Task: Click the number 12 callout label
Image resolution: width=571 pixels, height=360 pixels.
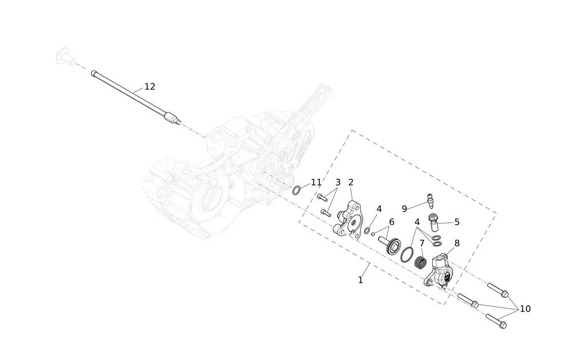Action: (150, 87)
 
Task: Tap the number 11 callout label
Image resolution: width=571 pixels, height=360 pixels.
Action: (316, 182)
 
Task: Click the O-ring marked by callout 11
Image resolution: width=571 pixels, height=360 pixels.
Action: (297, 190)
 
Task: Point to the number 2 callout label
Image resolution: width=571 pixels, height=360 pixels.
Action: (351, 182)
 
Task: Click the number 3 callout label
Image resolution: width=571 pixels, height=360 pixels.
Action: (337, 182)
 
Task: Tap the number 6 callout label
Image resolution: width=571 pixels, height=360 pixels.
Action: (392, 222)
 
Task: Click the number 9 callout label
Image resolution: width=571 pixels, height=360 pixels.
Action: (404, 209)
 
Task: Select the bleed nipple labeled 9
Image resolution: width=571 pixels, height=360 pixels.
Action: (431, 201)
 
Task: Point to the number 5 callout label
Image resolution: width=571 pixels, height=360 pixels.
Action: (457, 222)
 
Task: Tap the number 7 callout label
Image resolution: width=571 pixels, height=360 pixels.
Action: (422, 243)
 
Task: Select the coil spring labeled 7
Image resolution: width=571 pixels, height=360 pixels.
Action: (421, 263)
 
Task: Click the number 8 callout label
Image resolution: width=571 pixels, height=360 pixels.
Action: (457, 243)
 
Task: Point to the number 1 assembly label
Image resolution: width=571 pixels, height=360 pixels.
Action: (360, 280)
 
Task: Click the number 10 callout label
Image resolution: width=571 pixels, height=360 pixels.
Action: (525, 309)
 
